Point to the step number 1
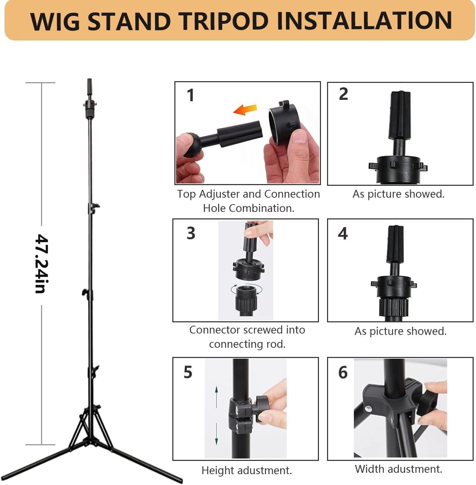click(191, 95)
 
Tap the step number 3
click(191, 233)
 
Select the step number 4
click(343, 233)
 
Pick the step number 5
click(188, 372)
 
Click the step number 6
click(343, 372)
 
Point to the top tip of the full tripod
click(90, 79)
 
